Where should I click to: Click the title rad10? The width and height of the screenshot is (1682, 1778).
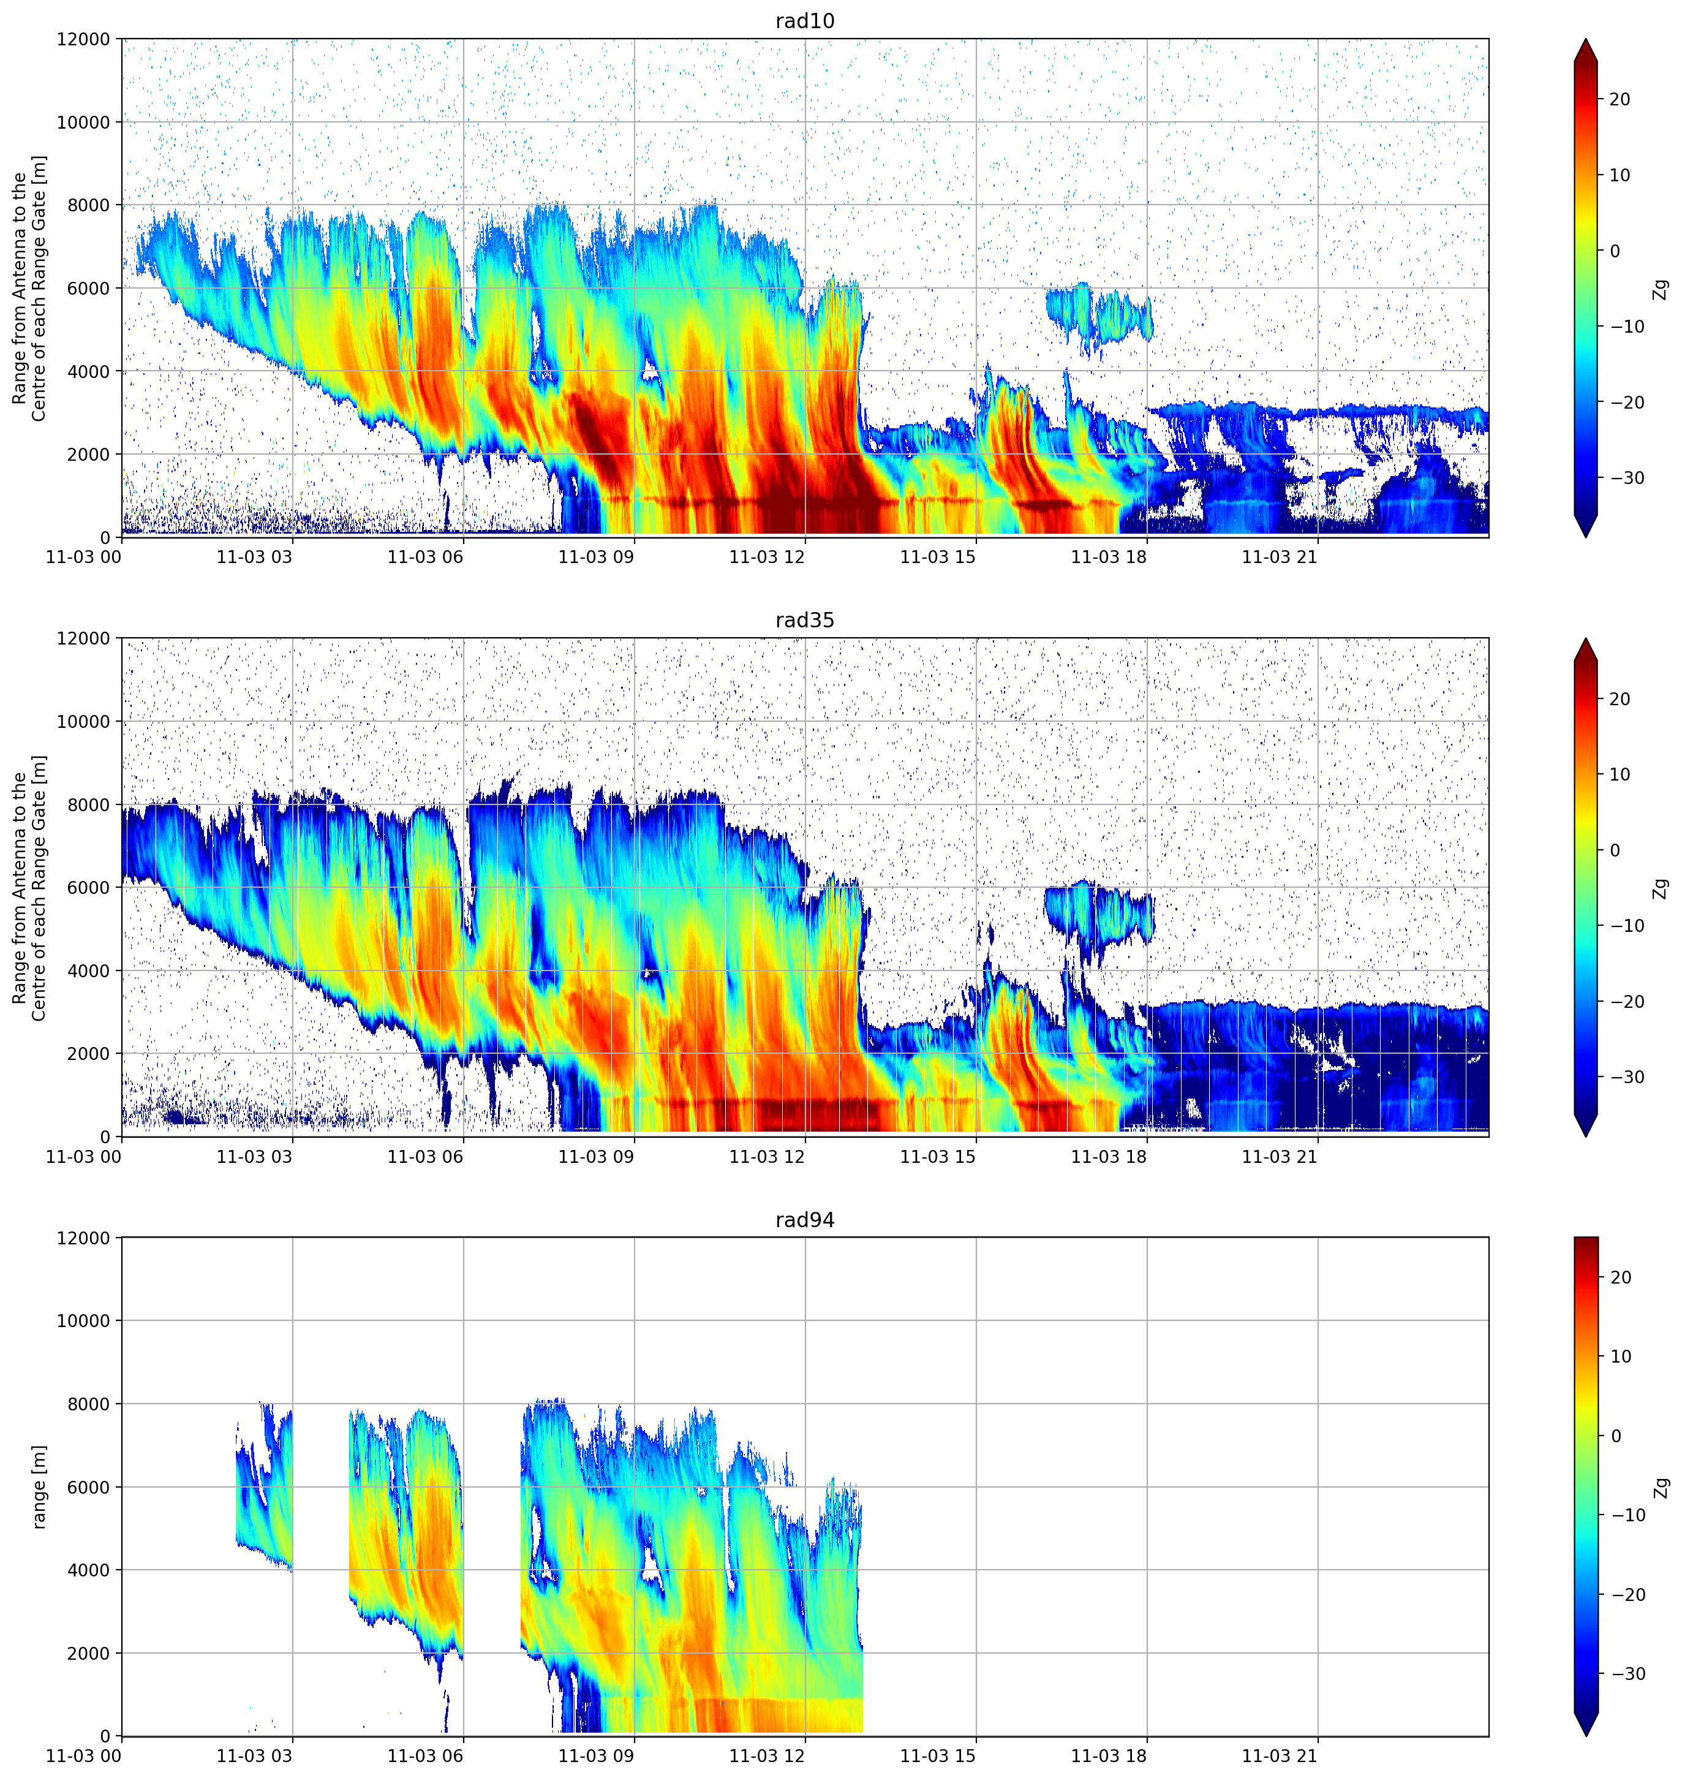(804, 21)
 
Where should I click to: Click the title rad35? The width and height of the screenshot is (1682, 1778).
(804, 621)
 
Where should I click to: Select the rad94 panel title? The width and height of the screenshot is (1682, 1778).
(804, 1220)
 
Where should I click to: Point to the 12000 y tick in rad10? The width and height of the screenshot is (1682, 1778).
(83, 39)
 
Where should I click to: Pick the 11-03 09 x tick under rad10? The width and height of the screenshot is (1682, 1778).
(596, 557)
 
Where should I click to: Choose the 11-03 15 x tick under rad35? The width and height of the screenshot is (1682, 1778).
(938, 1157)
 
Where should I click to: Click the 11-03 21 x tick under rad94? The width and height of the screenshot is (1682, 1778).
(1280, 1757)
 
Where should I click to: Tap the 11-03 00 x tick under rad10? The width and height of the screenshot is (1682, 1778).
(83, 557)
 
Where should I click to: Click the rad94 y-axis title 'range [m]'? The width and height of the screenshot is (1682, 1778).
(39, 1486)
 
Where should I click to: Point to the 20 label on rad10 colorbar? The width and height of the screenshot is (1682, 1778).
(1620, 99)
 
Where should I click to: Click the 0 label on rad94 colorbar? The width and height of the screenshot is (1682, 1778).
(1616, 1436)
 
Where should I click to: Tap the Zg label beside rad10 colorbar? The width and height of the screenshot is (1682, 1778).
(1661, 289)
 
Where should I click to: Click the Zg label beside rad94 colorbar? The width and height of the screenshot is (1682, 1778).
(1661, 1488)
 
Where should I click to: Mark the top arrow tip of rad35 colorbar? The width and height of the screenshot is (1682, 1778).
(1585, 639)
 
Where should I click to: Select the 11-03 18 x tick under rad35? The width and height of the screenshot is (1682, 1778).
(1109, 1157)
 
